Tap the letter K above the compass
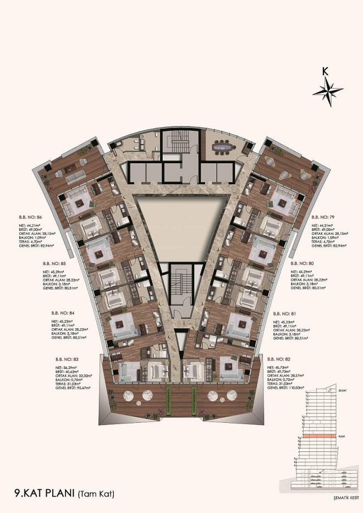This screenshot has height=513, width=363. tap(326, 70)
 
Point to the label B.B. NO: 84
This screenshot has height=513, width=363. tap(62, 312)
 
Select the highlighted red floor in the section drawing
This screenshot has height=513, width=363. tap(321, 436)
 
